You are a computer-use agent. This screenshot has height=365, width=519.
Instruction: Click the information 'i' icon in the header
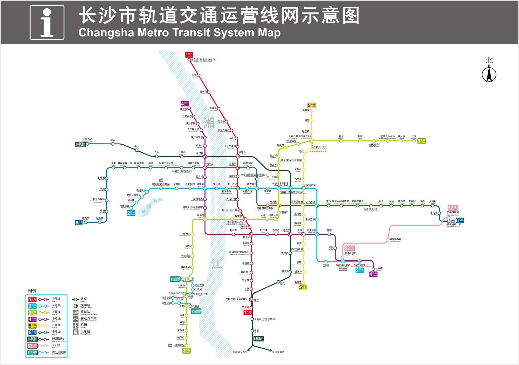click(x=47, y=22)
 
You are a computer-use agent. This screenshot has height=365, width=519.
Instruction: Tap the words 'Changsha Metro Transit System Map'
click(x=179, y=33)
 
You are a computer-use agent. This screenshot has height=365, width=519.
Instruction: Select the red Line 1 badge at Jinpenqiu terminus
click(x=189, y=55)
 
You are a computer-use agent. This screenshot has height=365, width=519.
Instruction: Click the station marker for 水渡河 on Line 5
click(x=311, y=111)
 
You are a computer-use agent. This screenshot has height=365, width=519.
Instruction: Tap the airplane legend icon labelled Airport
click(x=76, y=325)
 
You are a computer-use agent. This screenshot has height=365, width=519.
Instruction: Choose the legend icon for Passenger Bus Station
click(x=76, y=319)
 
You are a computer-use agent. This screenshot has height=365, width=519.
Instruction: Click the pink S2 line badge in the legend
click(x=32, y=346)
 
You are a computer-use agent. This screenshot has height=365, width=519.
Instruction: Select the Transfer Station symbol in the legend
click(x=76, y=306)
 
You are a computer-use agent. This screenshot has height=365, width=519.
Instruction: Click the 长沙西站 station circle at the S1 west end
click(x=87, y=144)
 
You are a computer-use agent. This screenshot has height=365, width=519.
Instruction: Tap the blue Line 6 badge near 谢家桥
click(x=79, y=222)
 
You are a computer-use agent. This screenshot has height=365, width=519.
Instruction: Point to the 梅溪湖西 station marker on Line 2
click(x=131, y=208)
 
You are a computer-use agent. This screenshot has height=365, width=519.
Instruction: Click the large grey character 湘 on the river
click(x=209, y=123)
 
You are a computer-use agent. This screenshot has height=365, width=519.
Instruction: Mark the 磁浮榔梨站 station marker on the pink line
click(x=388, y=240)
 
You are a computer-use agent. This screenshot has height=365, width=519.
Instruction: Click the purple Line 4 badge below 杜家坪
click(x=373, y=274)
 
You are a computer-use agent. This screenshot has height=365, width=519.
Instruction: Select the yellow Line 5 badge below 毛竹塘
click(x=303, y=287)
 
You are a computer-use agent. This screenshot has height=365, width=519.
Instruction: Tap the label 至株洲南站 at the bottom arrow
click(x=278, y=352)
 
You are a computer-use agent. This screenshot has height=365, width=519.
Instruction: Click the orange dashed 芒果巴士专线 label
click(x=320, y=147)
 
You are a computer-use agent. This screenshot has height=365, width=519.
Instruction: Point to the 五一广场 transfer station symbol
click(x=237, y=188)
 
